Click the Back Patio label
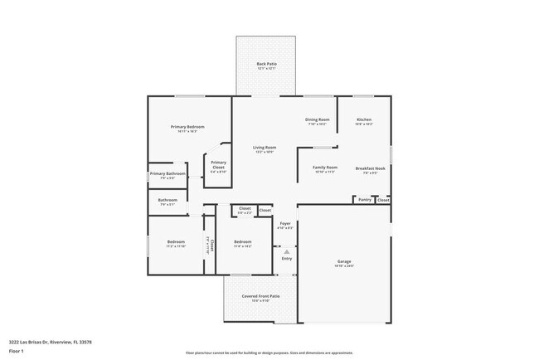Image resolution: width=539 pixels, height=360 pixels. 266,65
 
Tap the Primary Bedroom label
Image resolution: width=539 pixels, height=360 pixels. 187,128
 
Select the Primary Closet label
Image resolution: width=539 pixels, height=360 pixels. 218,163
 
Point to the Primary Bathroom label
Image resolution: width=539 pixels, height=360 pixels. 168,175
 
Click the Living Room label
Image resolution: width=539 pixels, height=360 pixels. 265,148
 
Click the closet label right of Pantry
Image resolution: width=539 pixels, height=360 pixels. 383,200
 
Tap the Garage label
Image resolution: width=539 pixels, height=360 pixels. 343,263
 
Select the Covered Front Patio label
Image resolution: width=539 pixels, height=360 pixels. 260,297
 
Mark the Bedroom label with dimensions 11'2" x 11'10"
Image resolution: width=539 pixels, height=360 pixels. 175,244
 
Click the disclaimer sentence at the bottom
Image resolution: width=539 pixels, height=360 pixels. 269,353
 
